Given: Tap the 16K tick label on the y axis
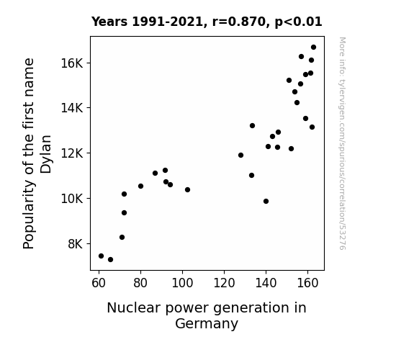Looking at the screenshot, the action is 72,63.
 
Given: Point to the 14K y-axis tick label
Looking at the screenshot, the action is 72,108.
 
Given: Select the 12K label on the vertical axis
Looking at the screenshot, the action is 72,153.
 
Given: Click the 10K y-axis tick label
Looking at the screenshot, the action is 72,198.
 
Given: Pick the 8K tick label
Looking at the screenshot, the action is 76,244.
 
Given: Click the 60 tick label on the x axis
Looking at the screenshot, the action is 99,283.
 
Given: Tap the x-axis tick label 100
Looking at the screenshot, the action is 182,283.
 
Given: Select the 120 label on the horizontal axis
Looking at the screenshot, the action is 224,283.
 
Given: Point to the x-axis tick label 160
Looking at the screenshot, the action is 307,283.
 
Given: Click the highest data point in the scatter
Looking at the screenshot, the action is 313,48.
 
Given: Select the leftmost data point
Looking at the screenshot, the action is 101,256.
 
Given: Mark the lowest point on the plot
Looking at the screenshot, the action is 110,260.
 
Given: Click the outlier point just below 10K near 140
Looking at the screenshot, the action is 266,202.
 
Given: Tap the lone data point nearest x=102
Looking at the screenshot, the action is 187,189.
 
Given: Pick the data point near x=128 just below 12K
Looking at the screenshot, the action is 240,155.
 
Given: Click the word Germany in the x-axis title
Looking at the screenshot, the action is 207,324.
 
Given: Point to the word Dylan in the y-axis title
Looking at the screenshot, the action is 46,154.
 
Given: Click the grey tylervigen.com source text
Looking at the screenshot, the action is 342,143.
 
